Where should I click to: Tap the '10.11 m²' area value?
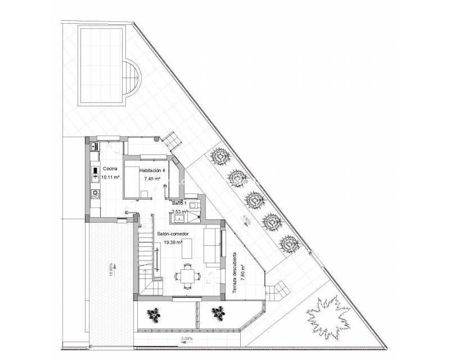pos(111,177)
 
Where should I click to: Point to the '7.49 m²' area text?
pos(152,179)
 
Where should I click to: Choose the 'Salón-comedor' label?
pos(173,233)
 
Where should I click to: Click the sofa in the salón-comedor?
pos(211,246)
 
